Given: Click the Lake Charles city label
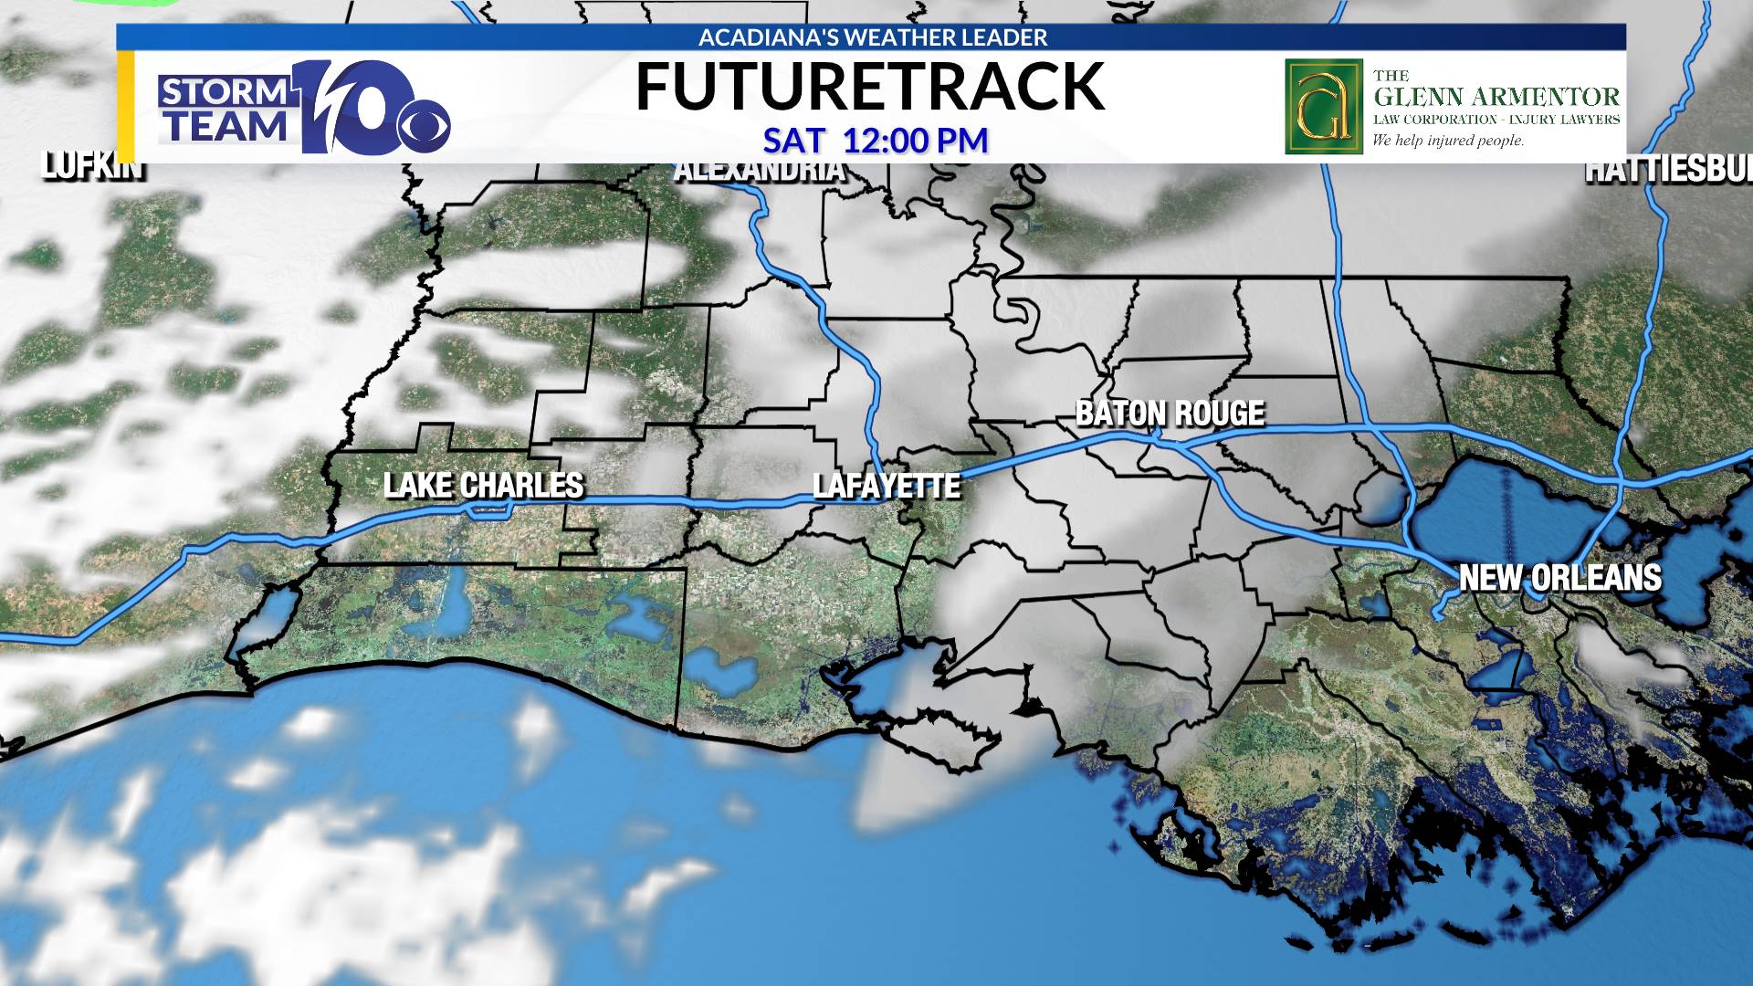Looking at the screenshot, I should coord(483,485).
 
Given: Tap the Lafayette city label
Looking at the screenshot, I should coord(887,486).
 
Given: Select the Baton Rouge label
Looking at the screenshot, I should coord(1170,414).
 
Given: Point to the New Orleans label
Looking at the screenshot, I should coord(1559,578).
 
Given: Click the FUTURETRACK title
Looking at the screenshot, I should coord(869,87).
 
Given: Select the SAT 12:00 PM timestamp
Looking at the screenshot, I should coord(876,141).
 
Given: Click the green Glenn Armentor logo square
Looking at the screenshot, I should coord(1323,107).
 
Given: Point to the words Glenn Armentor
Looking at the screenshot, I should coord(1496,97).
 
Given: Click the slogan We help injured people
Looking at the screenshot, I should coord(1448,141).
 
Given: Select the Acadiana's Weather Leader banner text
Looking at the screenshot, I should coord(872,37).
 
